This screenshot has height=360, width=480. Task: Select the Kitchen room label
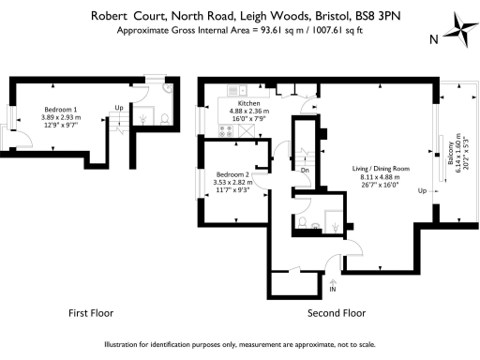coord(248,104)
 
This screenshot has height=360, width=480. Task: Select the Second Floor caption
coord(337,312)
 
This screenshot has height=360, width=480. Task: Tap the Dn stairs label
coord(306,171)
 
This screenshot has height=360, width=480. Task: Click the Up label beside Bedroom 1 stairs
coord(118,108)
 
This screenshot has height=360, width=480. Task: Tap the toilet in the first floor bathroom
coord(164,120)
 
